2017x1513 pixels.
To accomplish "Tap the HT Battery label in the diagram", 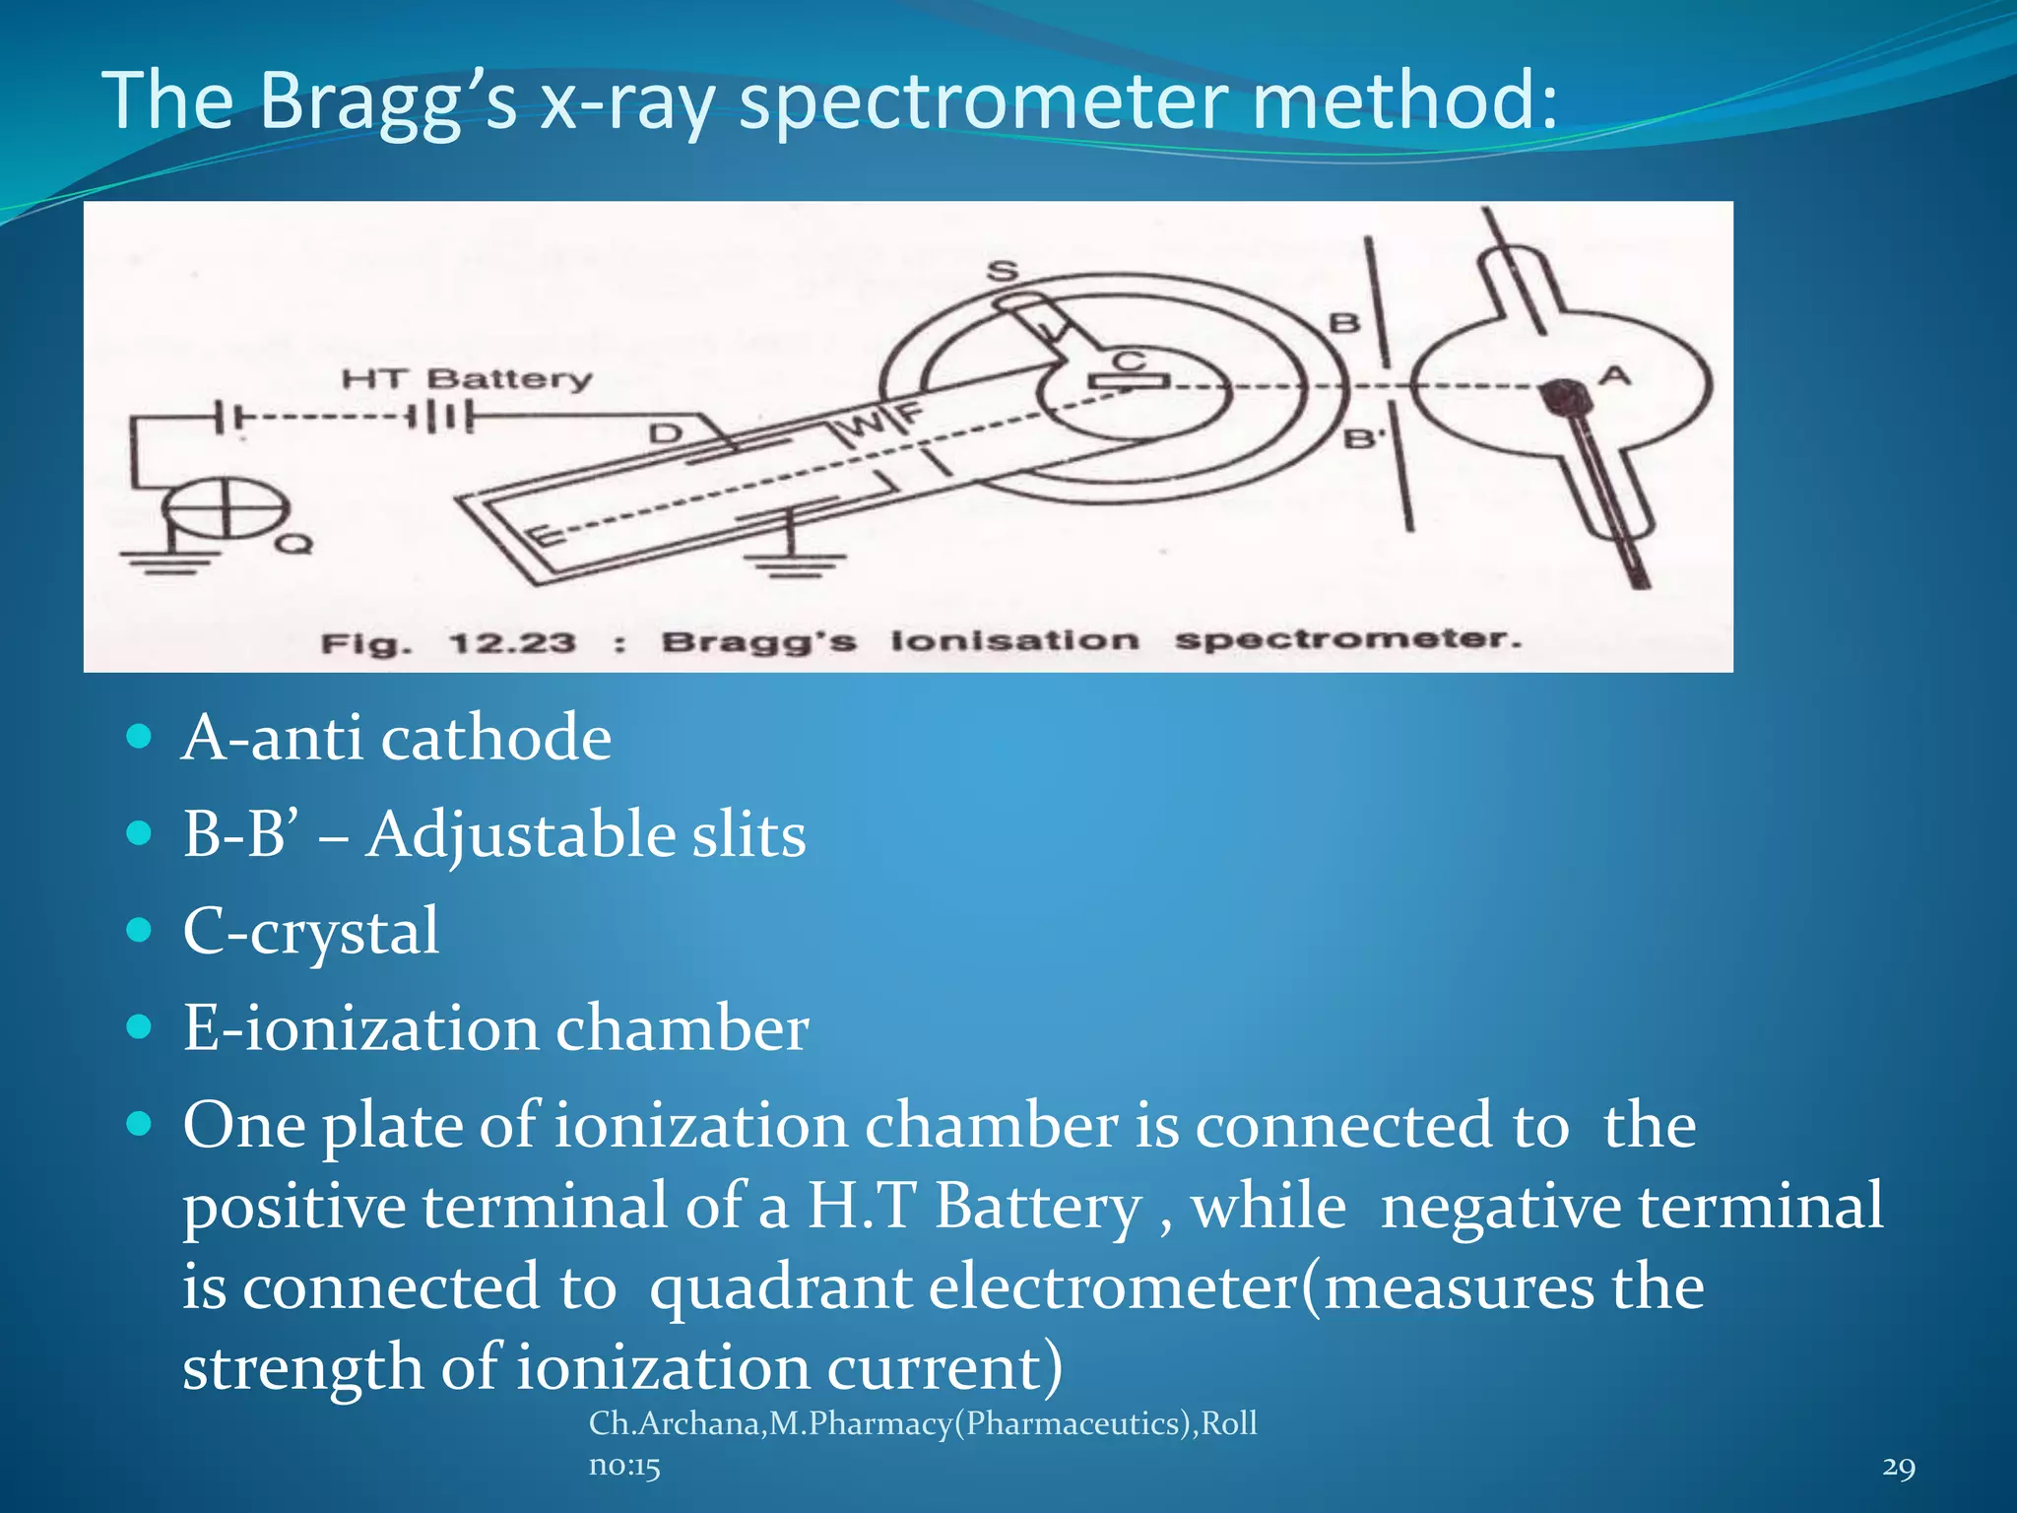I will coord(467,379).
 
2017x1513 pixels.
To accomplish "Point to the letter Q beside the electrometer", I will coord(293,543).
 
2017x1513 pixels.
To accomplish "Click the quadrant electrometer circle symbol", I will coord(226,510).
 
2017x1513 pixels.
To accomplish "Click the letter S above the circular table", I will coord(1003,270).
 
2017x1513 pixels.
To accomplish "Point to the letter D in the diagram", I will coord(666,432).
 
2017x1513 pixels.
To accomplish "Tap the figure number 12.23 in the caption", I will coord(511,644).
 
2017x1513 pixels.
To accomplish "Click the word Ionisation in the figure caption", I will coord(1013,641).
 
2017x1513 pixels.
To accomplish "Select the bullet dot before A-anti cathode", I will coord(140,737).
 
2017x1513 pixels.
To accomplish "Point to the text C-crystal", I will coord(310,931).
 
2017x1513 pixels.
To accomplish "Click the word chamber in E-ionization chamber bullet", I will coord(682,1028).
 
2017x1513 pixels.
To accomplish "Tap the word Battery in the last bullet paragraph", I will coord(1037,1206).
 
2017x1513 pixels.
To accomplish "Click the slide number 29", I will coord(1898,1467).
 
